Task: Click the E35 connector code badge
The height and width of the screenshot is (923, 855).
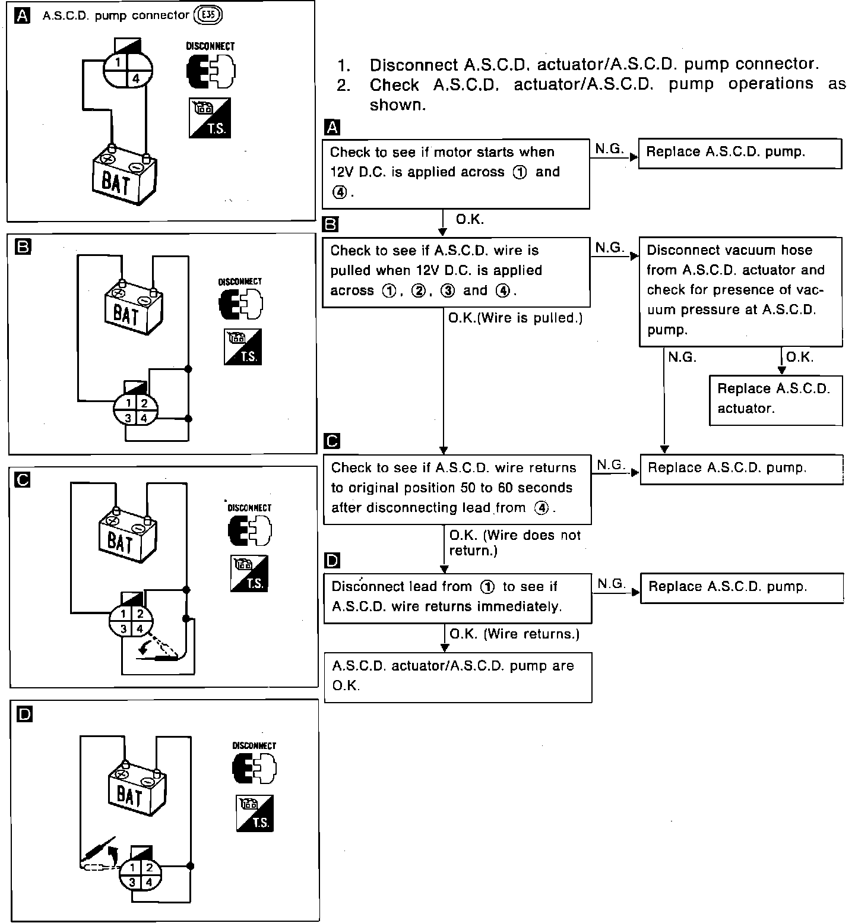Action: [x=208, y=15]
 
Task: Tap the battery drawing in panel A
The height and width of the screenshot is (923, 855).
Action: [x=123, y=176]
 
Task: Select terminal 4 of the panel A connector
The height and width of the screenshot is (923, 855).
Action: [x=135, y=78]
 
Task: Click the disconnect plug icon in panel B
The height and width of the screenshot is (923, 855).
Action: [x=240, y=304]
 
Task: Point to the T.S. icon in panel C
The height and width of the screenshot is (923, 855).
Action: [x=249, y=573]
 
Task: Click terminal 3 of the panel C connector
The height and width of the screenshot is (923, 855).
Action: [x=123, y=628]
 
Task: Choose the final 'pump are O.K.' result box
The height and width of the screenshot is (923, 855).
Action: [x=458, y=677]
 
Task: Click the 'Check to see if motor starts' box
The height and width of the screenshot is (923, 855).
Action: [x=455, y=173]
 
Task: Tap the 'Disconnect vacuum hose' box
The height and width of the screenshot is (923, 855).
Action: [x=740, y=290]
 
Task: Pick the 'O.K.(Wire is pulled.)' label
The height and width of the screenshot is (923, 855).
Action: [x=515, y=318]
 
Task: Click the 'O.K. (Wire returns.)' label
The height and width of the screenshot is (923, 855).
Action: [x=514, y=634]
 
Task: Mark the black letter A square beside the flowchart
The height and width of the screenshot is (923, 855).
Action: [x=332, y=128]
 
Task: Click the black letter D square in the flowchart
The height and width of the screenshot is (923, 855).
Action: [x=333, y=560]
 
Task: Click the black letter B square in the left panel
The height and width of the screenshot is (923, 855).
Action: [x=23, y=246]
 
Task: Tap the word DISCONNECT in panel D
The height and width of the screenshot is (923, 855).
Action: [x=254, y=745]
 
